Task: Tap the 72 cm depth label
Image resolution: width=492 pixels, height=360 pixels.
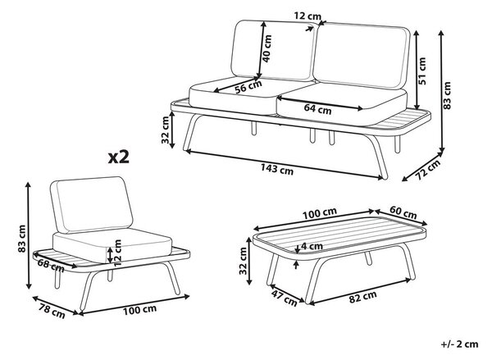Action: [x=428, y=170]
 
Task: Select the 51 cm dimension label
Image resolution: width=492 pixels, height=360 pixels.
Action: [x=422, y=71]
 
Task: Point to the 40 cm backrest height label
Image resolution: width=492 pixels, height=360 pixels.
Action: [x=267, y=48]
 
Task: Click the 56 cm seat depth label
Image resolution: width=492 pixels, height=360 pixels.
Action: [x=248, y=87]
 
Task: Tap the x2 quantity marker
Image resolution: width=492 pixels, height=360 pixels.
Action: [x=119, y=157]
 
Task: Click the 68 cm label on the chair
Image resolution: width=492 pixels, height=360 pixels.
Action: [x=51, y=266]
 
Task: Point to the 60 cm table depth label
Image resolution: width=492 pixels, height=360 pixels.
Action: [x=403, y=212]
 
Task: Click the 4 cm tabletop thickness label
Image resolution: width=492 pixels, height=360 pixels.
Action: [x=312, y=246]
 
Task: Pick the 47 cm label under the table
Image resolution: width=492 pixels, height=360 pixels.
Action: [x=284, y=298]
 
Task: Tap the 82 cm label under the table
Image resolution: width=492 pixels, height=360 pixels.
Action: [x=362, y=297]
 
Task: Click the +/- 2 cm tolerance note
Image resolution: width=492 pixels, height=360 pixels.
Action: [x=460, y=344]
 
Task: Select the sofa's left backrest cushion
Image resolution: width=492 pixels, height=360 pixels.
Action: [x=273, y=50]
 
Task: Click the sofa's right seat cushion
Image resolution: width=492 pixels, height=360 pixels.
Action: [x=342, y=103]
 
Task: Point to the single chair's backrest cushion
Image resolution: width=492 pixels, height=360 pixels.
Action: [x=92, y=205]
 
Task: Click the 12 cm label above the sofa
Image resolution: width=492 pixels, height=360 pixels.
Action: [x=307, y=16]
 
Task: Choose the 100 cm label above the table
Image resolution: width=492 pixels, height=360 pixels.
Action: [x=320, y=213]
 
